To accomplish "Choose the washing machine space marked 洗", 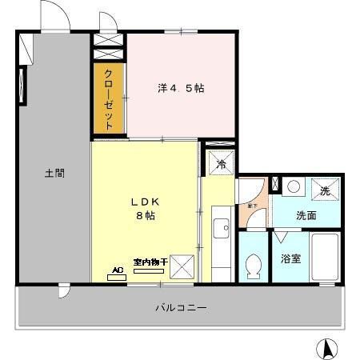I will (x=325, y=191).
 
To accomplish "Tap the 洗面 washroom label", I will (x=306, y=215).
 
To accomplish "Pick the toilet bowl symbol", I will (x=254, y=266).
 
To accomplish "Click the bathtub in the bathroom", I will (x=326, y=258).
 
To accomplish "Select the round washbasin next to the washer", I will (x=294, y=187).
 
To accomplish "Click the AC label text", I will (x=118, y=270).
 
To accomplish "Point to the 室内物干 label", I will (x=150, y=262).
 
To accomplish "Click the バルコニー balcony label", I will (x=181, y=306).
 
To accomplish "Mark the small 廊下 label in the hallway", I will (x=251, y=206).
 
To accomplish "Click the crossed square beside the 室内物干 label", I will (x=183, y=266).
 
